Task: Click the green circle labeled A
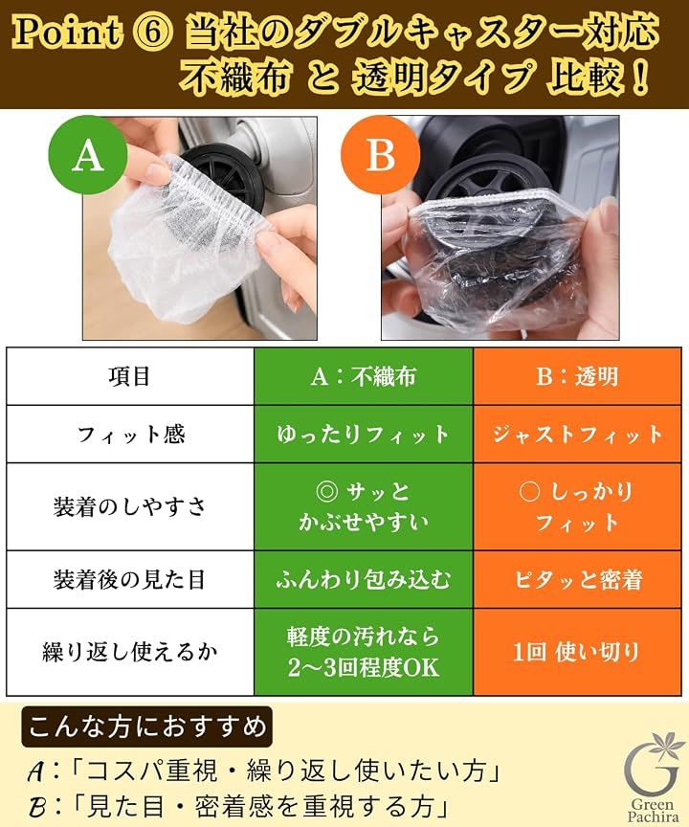[88, 156]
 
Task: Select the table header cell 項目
[130, 376]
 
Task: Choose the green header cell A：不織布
[364, 376]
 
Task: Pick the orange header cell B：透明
[577, 376]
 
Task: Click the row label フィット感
[130, 435]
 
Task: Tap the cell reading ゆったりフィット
[364, 435]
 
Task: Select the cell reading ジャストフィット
[577, 435]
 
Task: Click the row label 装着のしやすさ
[130, 507]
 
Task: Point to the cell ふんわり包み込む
[364, 580]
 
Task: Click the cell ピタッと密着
[577, 580]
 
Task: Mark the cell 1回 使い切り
[577, 652]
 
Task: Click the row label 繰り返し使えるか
[130, 652]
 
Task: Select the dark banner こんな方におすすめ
[147, 727]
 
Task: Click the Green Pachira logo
[652, 775]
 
